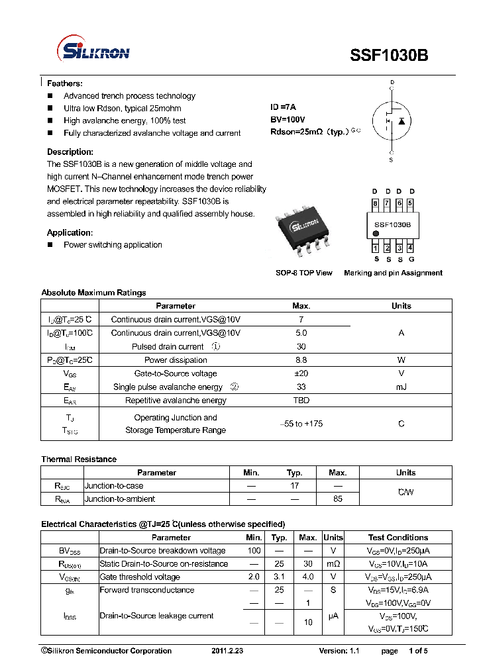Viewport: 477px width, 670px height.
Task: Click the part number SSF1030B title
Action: point(389,56)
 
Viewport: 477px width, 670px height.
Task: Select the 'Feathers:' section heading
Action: point(65,83)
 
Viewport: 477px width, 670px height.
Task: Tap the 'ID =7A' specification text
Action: point(283,107)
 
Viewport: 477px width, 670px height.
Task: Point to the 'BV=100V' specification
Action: point(288,120)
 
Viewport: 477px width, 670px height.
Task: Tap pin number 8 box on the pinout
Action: point(376,203)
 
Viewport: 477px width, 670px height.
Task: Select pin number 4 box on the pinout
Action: point(411,248)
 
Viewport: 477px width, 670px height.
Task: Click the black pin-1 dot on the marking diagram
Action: point(376,234)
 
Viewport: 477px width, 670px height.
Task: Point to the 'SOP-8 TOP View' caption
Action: point(304,273)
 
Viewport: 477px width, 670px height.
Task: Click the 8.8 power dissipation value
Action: point(301,360)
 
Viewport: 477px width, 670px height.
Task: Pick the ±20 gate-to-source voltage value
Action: point(301,373)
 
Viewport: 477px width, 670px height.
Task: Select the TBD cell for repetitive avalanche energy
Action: point(301,401)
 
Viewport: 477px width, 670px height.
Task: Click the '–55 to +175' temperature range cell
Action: point(301,424)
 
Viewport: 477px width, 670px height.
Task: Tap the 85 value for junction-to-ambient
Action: point(338,499)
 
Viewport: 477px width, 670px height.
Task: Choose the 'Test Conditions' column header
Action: point(398,538)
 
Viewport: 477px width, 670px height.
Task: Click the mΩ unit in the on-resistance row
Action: point(333,564)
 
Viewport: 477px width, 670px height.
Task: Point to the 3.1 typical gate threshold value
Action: point(280,577)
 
